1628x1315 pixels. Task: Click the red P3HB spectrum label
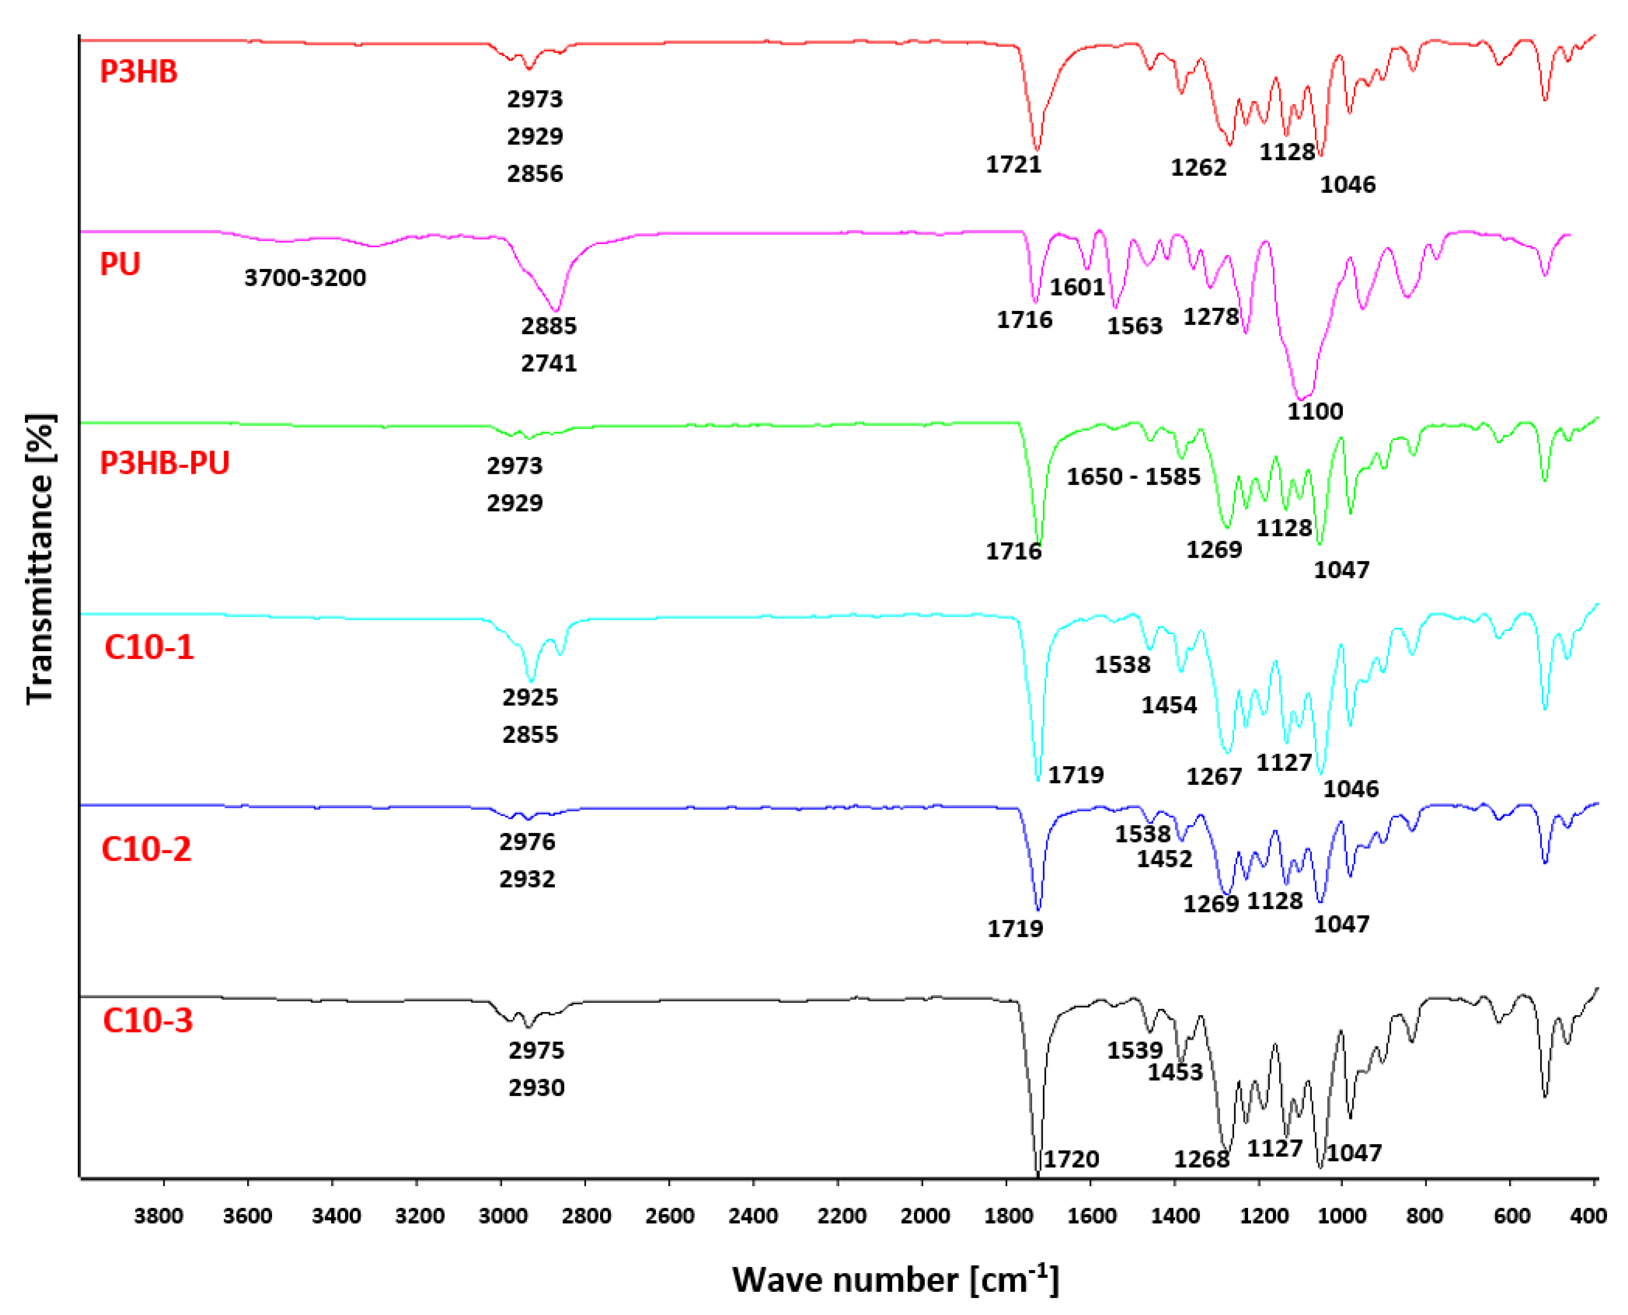click(x=138, y=72)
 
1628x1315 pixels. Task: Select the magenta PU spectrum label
click(x=121, y=264)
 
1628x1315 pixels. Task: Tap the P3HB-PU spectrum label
click(x=164, y=463)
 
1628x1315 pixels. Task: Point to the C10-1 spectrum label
click(x=149, y=648)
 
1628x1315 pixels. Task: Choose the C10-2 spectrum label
click(x=146, y=849)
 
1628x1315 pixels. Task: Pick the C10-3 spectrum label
click(x=148, y=1020)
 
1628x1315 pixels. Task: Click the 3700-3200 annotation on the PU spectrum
click(x=305, y=278)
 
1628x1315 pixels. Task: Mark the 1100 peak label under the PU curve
click(x=1315, y=411)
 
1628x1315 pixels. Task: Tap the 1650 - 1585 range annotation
click(x=1134, y=476)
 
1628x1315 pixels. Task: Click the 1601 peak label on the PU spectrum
click(x=1077, y=287)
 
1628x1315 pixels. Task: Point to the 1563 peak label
click(x=1134, y=326)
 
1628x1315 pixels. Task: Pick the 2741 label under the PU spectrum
click(x=549, y=364)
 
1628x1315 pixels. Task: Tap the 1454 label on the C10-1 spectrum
click(x=1169, y=705)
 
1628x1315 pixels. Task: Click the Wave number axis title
click(x=895, y=1279)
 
